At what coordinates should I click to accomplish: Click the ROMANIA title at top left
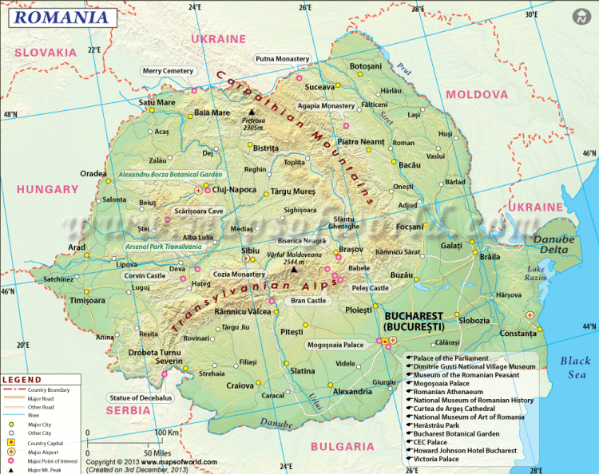click(60, 15)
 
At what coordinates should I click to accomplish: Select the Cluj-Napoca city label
click(234, 190)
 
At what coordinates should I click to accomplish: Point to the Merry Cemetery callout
click(168, 71)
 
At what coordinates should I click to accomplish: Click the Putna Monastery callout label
click(282, 59)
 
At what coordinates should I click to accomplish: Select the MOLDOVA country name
click(476, 94)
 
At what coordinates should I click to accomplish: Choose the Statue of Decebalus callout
click(141, 397)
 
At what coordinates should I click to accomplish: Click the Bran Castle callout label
click(308, 301)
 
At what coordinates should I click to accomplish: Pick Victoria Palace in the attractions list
click(440, 460)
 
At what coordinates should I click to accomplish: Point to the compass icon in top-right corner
click(581, 16)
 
